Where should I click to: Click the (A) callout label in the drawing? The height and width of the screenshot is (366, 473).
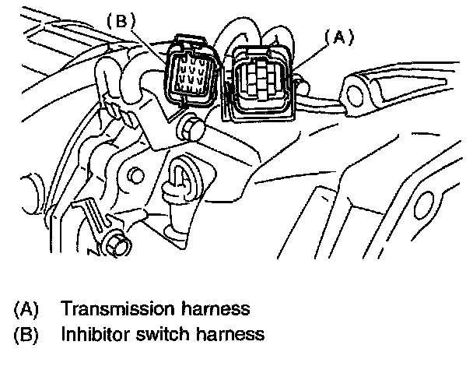339,36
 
